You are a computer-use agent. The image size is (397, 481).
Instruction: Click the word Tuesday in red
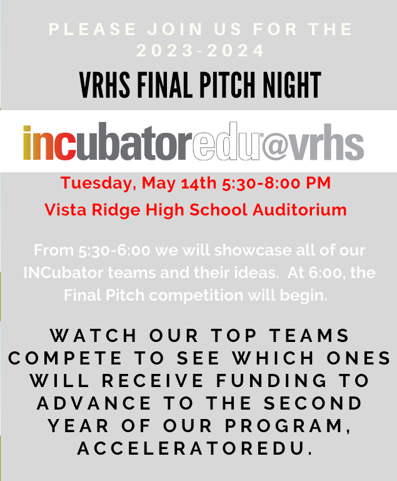(x=98, y=184)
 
